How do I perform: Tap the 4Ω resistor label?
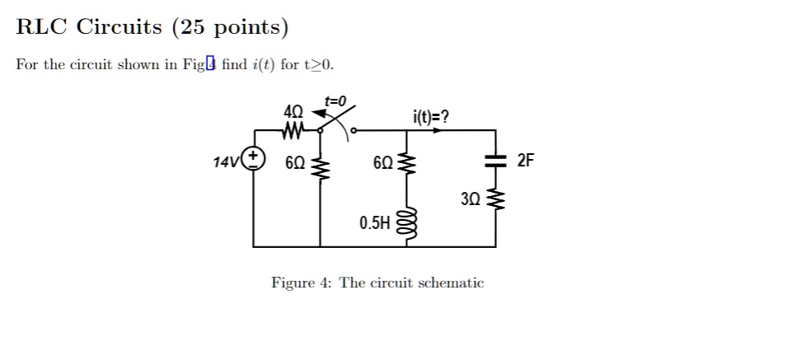click(292, 111)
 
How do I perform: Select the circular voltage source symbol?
click(253, 158)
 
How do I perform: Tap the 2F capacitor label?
click(526, 161)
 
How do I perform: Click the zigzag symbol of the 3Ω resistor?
click(495, 199)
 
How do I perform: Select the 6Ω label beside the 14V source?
click(296, 162)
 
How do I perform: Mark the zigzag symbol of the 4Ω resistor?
click(292, 129)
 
